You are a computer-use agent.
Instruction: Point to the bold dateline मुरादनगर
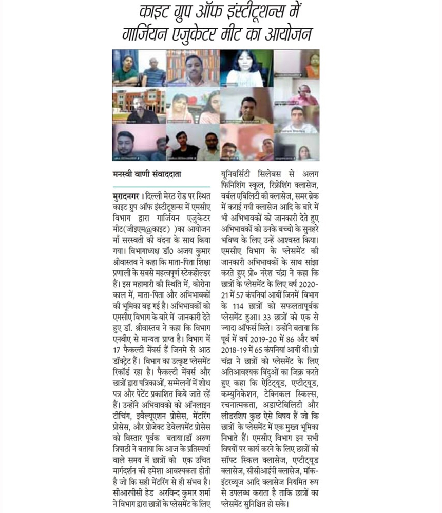pos(126,197)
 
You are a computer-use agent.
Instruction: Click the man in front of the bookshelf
pos(193,69)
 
